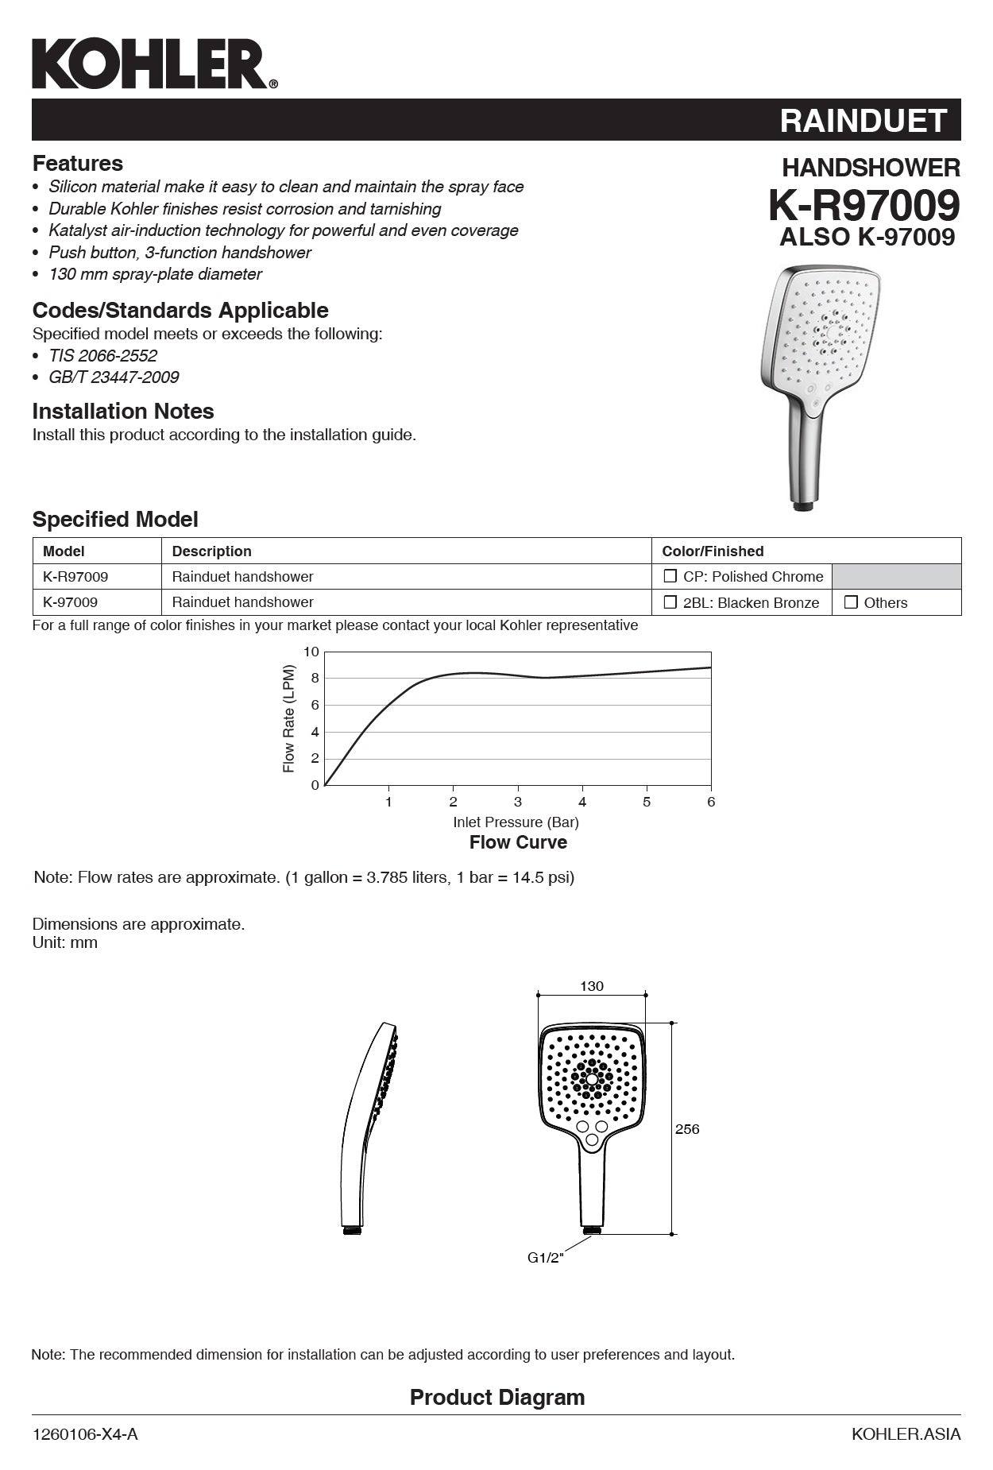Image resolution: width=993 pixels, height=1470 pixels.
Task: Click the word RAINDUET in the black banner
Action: [863, 121]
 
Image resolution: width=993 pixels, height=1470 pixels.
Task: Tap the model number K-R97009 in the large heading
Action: [864, 206]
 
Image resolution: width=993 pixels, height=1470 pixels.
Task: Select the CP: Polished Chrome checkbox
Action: [670, 576]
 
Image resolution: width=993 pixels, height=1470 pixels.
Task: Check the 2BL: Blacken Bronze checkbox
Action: [670, 602]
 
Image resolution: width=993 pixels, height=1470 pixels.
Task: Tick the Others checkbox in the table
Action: [851, 602]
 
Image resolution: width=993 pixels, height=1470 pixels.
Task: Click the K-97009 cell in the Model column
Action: [71, 602]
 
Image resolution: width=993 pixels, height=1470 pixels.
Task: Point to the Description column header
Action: [211, 551]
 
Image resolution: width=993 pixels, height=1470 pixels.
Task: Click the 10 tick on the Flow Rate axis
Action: [311, 652]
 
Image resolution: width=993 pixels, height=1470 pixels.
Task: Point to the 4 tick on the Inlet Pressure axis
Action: [582, 802]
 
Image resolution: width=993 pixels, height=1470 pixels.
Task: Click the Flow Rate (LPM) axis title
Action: [289, 719]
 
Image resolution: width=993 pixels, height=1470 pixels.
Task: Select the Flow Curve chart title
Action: [518, 842]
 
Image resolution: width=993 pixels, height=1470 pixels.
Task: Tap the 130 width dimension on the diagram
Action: [591, 986]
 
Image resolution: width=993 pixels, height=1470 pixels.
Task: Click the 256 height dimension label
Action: [687, 1128]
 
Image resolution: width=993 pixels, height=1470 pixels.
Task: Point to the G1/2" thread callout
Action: [545, 1258]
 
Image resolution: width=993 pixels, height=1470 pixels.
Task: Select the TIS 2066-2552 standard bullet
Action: [102, 355]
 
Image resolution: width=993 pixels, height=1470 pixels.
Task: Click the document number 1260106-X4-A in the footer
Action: [85, 1434]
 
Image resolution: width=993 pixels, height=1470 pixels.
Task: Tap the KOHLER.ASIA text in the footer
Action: [906, 1434]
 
